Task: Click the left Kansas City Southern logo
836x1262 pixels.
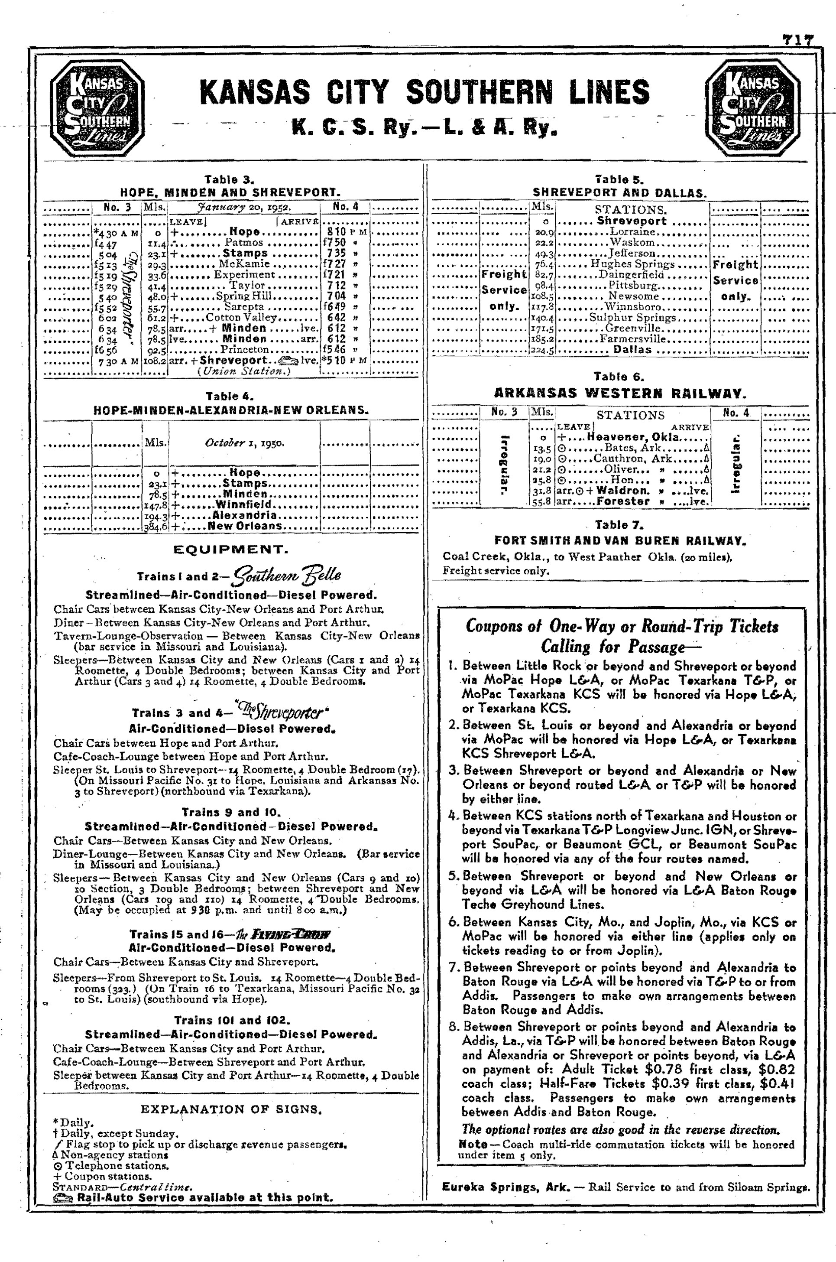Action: point(97,107)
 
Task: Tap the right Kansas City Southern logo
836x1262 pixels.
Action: point(752,107)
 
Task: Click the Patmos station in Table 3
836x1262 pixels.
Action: point(244,242)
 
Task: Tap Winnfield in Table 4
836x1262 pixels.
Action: point(243,504)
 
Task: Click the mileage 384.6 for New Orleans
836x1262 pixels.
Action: point(155,527)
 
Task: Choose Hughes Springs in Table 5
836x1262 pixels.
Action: point(632,264)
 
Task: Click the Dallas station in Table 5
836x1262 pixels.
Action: point(632,350)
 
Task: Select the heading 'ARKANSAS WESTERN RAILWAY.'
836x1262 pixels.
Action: point(619,394)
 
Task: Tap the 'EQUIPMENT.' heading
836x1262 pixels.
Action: point(230,550)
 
